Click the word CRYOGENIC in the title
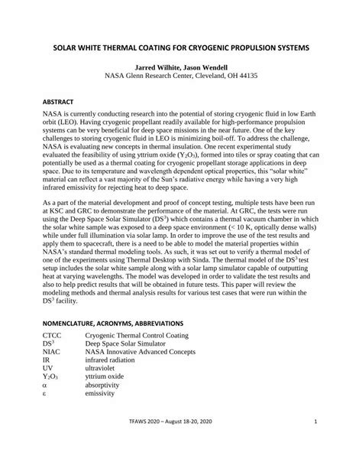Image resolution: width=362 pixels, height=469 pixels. (212, 47)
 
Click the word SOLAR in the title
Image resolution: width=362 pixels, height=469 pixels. (66, 47)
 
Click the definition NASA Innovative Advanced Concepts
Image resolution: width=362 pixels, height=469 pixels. (140, 352)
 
